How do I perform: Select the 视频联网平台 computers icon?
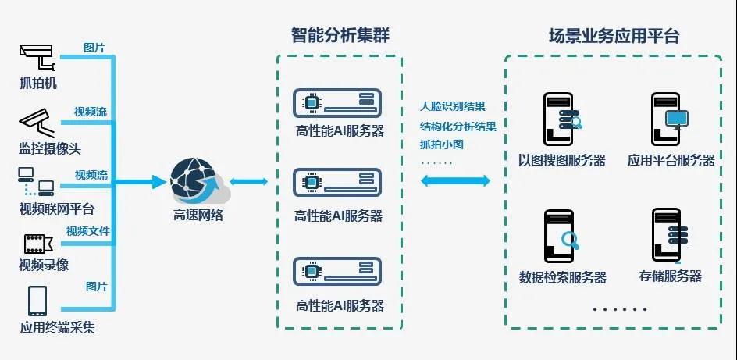click(35, 183)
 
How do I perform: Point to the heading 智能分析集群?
click(339, 35)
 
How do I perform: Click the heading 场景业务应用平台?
click(614, 36)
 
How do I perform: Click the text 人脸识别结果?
click(453, 106)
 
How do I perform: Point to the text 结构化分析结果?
click(458, 125)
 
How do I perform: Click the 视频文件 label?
click(87, 231)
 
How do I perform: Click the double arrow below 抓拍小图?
click(456, 181)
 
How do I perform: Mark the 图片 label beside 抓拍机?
click(94, 48)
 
